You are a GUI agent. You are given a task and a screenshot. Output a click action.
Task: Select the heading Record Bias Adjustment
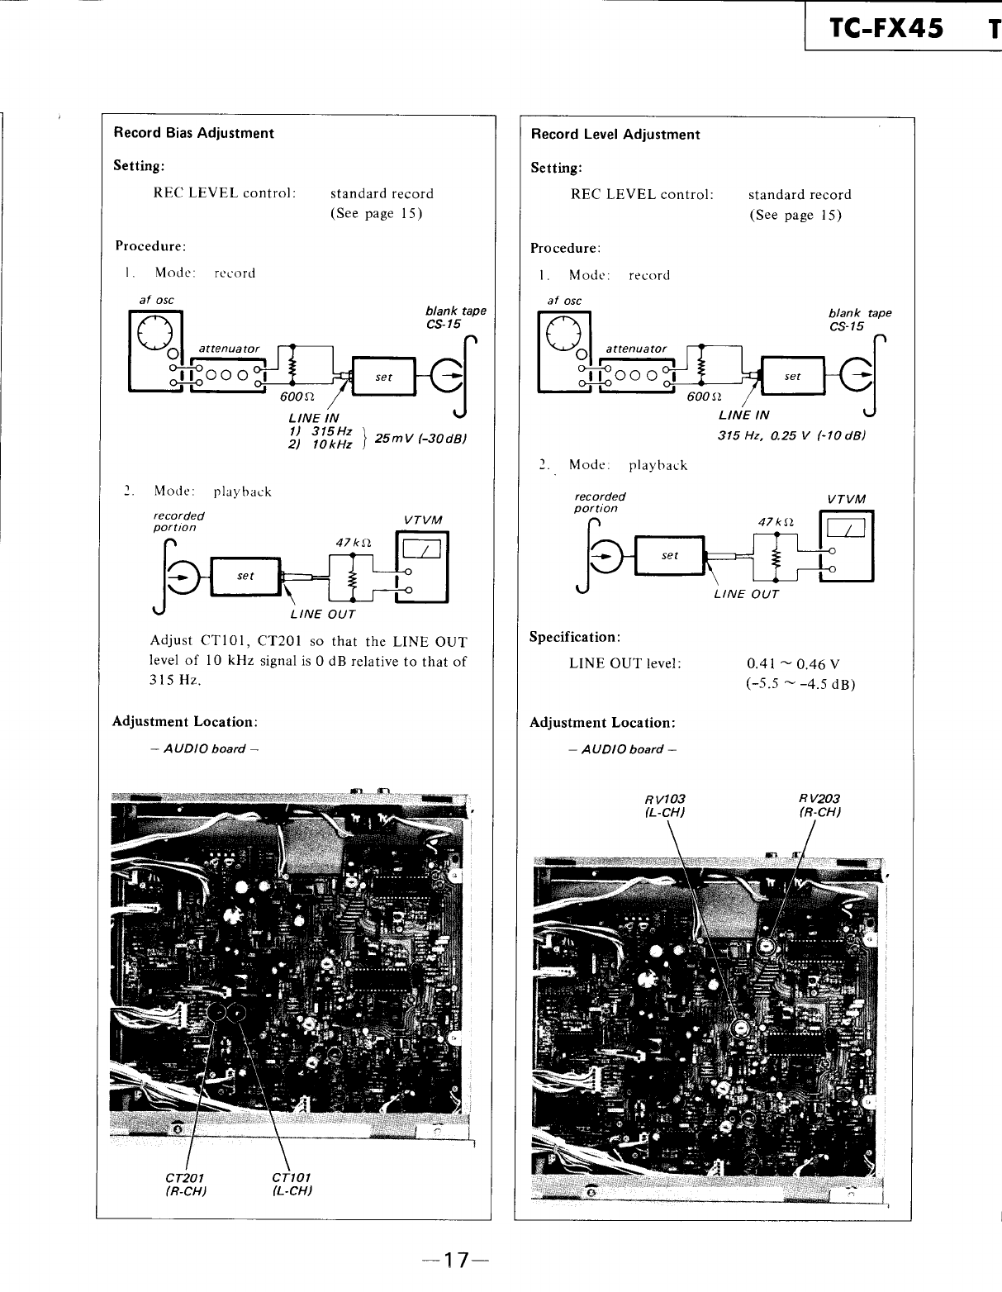193,133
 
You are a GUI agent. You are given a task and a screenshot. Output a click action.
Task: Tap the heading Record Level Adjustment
615,135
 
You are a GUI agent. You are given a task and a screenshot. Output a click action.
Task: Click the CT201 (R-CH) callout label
185,1184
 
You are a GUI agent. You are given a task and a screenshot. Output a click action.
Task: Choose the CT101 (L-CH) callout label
291,1184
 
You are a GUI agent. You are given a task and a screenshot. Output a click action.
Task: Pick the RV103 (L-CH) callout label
665,805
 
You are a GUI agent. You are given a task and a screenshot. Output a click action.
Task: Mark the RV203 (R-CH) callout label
819,805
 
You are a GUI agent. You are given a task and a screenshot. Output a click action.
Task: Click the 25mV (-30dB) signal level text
421,438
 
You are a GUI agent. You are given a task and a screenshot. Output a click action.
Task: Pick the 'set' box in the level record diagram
792,376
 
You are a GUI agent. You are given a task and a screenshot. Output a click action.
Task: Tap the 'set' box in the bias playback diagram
245,576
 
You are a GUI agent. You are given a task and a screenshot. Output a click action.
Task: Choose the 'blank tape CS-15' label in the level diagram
859,319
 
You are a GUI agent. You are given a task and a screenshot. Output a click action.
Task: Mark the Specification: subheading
575,638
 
